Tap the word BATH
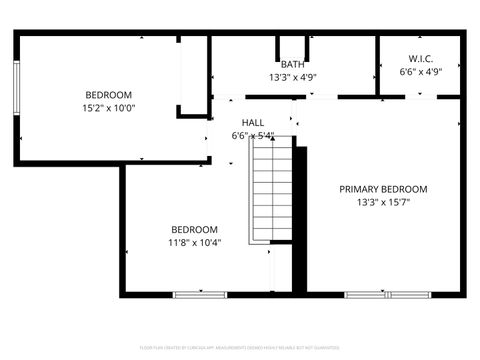pyautogui.click(x=292, y=65)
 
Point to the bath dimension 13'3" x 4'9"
pyautogui.click(x=292, y=77)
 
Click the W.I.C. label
pyautogui.click(x=420, y=59)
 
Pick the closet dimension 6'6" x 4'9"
pyautogui.click(x=420, y=71)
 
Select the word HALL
pyautogui.click(x=252, y=122)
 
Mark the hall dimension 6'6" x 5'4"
pyautogui.click(x=252, y=135)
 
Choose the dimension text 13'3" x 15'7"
pyautogui.click(x=383, y=201)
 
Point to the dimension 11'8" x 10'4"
pyautogui.click(x=194, y=241)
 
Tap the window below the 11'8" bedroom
pyautogui.click(x=199, y=294)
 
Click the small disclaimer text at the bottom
pyautogui.click(x=240, y=348)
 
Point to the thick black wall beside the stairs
pyautogui.click(x=299, y=215)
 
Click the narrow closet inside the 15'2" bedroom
pyautogui.click(x=194, y=75)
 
